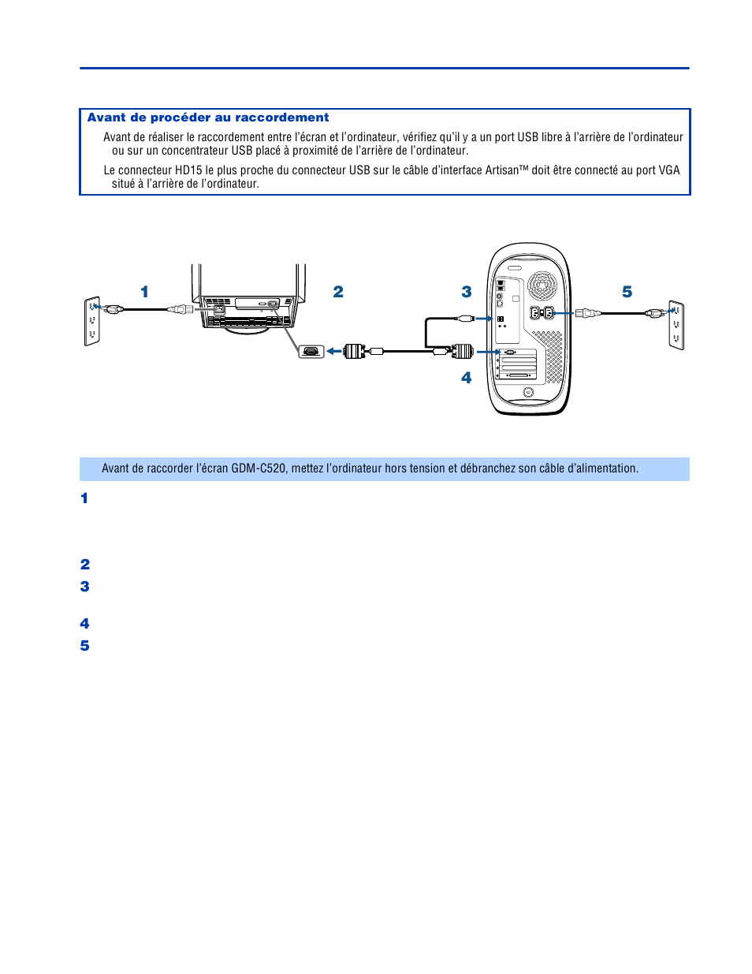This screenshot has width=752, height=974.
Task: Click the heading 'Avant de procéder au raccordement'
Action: [208, 118]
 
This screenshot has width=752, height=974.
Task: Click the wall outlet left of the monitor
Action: [92, 321]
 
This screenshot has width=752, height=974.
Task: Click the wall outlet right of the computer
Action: [676, 324]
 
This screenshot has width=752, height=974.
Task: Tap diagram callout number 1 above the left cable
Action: [144, 292]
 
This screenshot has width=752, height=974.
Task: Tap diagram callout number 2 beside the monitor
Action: [338, 292]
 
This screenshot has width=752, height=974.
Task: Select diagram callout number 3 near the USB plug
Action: [467, 292]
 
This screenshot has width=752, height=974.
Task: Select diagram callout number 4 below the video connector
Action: [467, 378]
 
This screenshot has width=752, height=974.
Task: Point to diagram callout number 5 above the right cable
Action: [627, 292]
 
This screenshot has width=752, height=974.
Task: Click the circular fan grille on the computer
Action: [542, 285]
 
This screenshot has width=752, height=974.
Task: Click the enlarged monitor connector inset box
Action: [311, 351]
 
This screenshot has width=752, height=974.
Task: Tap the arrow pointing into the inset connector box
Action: [333, 351]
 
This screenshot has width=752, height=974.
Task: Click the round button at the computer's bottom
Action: [528, 392]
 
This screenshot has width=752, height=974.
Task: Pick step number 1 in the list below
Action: [84, 498]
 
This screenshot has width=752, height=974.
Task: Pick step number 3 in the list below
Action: [84, 587]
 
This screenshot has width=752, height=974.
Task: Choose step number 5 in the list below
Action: [84, 646]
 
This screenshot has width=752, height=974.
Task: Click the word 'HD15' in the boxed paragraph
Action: [188, 170]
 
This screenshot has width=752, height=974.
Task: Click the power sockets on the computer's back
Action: [542, 313]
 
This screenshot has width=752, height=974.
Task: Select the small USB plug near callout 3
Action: [466, 319]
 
